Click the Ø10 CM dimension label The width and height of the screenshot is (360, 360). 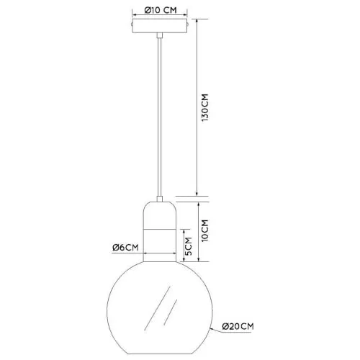(x=160, y=10)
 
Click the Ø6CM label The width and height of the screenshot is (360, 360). (x=125, y=247)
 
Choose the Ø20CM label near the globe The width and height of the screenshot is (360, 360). (x=238, y=327)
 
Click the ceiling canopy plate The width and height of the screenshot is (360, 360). (x=160, y=26)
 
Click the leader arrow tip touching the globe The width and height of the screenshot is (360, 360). (x=212, y=328)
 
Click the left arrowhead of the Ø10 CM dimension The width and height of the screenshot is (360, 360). (x=135, y=15)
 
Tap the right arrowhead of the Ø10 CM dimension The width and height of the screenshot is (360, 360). (x=185, y=15)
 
